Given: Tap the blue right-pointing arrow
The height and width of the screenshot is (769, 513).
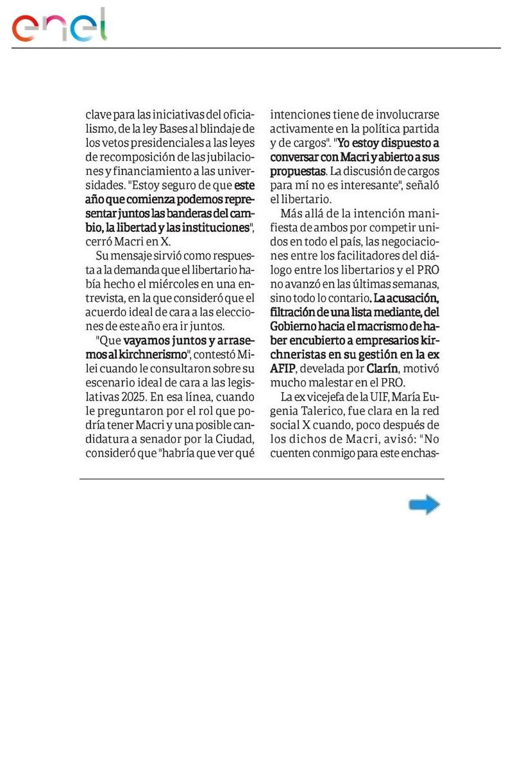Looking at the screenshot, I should (424, 505).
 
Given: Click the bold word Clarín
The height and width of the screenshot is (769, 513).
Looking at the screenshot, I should (385, 369).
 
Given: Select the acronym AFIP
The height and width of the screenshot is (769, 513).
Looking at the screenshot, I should (283, 369).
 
